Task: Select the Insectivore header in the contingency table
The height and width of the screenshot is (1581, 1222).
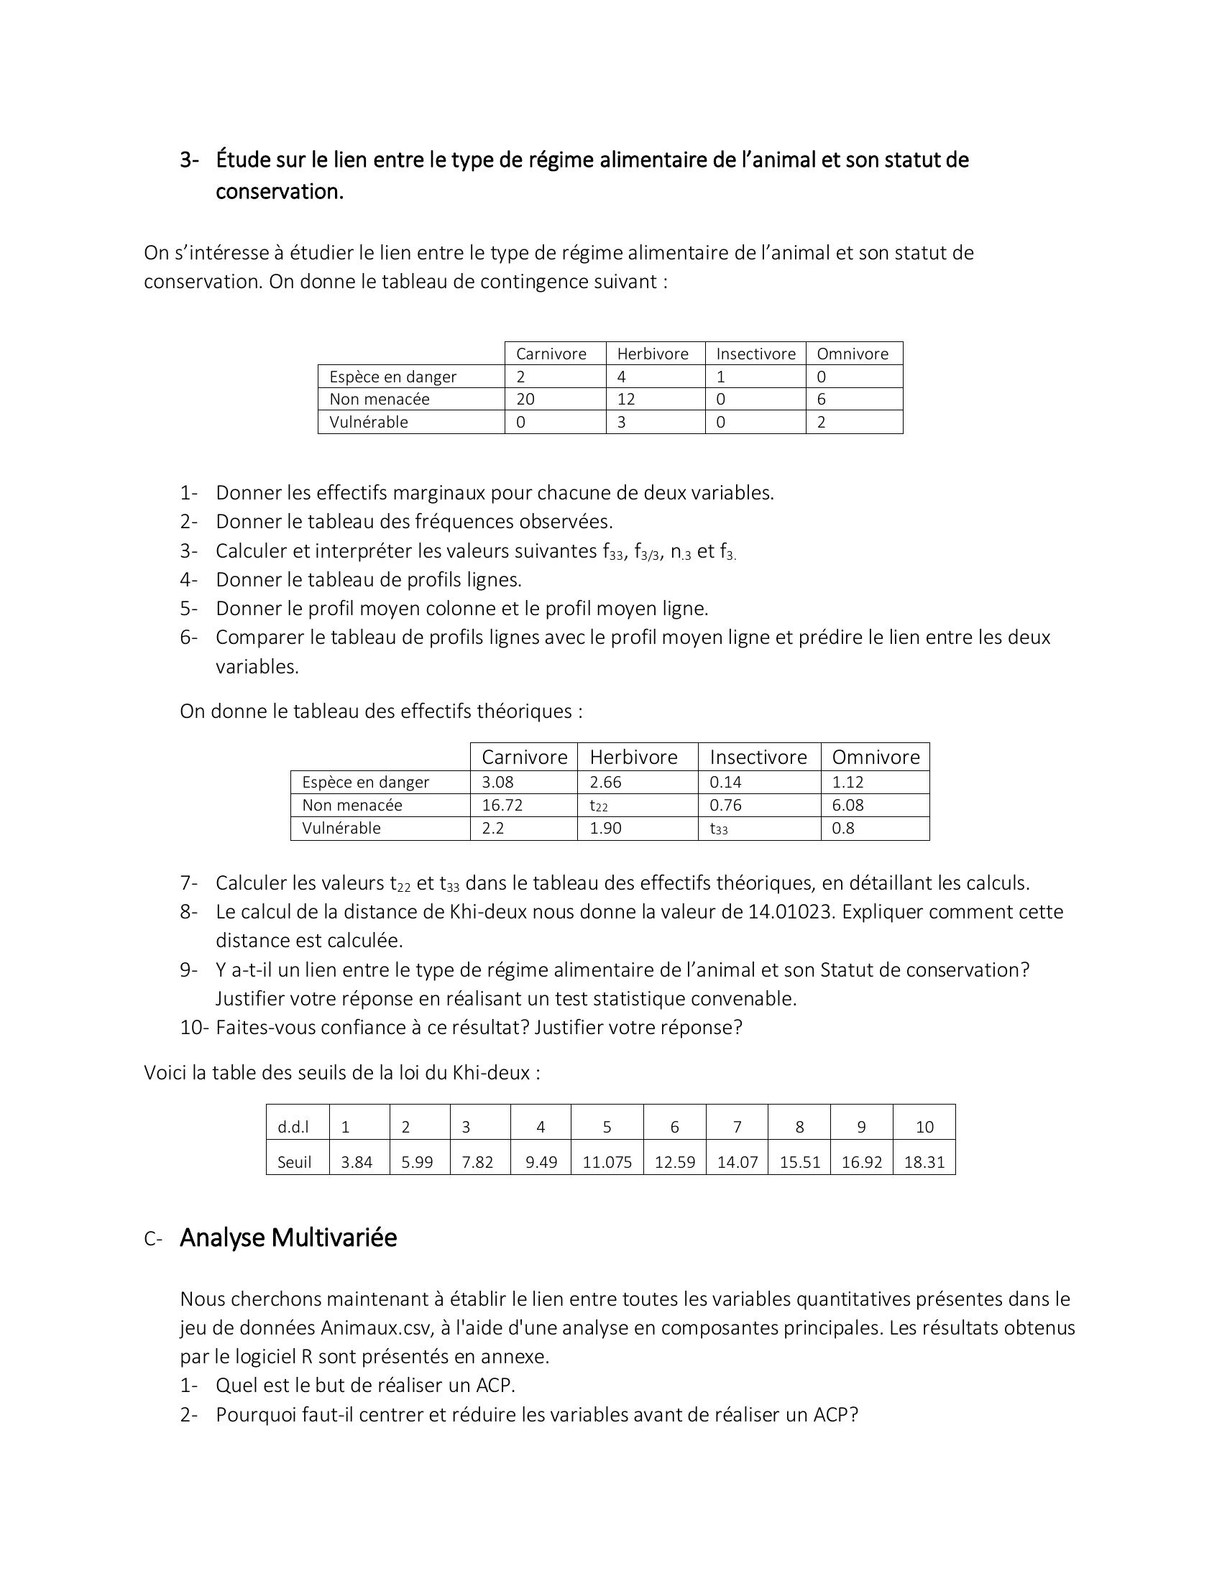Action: [755, 354]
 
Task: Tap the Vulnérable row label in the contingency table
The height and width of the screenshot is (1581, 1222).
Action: [369, 422]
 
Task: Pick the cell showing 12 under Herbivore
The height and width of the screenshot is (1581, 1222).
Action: [625, 399]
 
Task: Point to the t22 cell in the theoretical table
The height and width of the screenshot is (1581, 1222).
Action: [599, 806]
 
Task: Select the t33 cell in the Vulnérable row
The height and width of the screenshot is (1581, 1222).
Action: [718, 829]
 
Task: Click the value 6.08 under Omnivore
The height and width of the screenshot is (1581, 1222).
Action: [847, 805]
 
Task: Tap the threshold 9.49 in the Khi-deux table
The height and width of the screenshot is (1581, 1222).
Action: [541, 1162]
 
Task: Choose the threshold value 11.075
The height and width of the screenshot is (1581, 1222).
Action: [607, 1162]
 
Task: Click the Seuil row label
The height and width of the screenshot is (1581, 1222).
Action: [294, 1162]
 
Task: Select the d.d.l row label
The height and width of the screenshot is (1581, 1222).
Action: [293, 1126]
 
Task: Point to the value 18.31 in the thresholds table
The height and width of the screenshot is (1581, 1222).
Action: [924, 1162]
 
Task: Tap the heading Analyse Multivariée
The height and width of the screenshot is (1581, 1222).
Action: [288, 1238]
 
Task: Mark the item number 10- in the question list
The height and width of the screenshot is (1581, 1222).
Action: [194, 1027]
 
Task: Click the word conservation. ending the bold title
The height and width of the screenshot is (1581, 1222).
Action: [280, 192]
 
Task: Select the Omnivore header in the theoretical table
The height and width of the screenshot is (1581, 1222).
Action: [876, 757]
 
